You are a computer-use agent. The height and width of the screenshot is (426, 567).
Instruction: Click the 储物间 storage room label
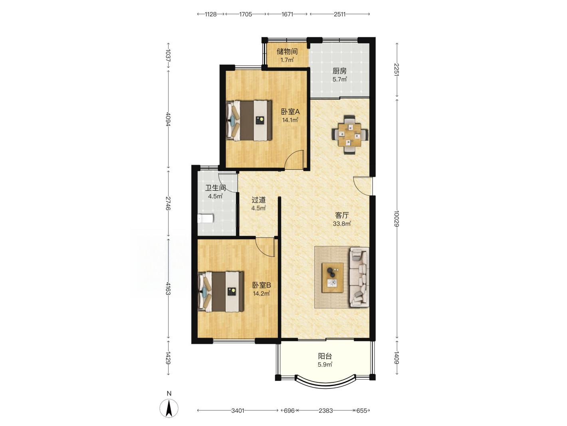287,52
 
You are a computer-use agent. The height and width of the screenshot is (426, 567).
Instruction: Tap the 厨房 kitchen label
339,71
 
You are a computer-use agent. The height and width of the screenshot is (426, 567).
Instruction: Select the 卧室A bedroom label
290,112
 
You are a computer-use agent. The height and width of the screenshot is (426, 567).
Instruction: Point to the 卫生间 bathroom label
216,188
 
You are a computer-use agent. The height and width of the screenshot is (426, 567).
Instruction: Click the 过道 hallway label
259,200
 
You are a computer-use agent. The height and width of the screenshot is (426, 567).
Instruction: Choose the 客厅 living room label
342,215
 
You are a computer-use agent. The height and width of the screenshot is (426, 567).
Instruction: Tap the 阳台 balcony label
325,356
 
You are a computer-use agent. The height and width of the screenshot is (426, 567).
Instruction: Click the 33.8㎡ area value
341,224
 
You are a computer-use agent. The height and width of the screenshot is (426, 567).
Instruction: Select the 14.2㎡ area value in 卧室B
262,294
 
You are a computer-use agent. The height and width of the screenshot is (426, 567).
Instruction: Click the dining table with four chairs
350,135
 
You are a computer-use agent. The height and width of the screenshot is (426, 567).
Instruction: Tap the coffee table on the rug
333,278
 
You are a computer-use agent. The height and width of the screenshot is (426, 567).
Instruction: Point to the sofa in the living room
359,278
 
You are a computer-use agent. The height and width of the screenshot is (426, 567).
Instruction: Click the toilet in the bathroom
206,218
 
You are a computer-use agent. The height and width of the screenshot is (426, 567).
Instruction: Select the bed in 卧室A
249,120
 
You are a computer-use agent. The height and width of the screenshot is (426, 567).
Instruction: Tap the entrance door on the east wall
363,186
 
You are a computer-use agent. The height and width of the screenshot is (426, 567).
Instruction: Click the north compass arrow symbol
169,408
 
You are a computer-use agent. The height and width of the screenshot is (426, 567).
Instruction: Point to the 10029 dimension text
397,218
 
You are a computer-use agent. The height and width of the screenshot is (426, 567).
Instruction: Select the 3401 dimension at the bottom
238,410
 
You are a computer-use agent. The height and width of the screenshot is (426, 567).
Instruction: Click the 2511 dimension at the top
339,14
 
